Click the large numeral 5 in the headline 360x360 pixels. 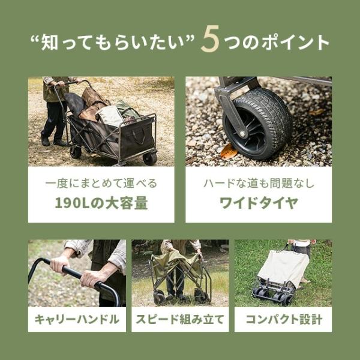(x=210, y=39)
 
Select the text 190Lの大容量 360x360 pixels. (x=101, y=203)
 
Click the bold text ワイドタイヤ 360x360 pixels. (x=259, y=203)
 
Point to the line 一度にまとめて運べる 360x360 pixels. (x=101, y=184)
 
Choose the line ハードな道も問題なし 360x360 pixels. (x=259, y=184)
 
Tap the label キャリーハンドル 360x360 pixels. (x=77, y=319)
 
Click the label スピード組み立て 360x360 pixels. (x=180, y=319)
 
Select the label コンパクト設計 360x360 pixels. (x=284, y=319)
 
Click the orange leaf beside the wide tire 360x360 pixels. (x=229, y=151)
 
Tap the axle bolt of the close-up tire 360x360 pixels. (x=242, y=134)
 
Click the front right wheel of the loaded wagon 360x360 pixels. (x=150, y=159)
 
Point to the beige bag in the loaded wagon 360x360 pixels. (x=110, y=115)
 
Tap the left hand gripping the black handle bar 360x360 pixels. (x=59, y=265)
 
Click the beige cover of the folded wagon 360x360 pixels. (x=283, y=267)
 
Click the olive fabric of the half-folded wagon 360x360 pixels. (x=177, y=264)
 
